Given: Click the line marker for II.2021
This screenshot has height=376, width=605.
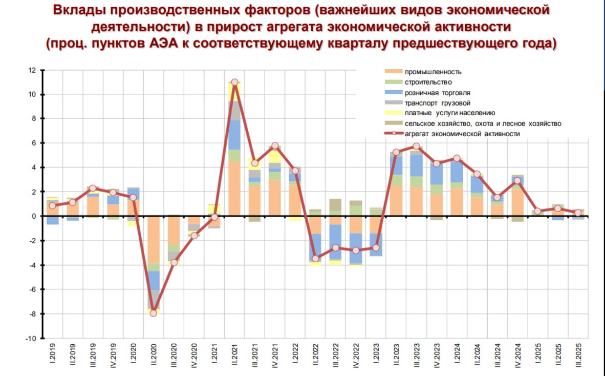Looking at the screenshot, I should [x=234, y=82].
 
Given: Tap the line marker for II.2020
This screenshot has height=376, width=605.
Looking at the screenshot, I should [x=153, y=313].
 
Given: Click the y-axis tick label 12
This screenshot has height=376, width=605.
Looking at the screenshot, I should [x=32, y=70].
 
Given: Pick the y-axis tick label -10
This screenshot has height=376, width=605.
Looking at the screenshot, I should [x=30, y=338].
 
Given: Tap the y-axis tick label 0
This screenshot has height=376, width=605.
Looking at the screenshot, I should [x=34, y=216].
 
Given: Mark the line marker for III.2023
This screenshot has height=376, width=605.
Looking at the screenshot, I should [x=416, y=146].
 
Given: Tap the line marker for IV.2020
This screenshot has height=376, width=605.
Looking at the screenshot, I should [x=194, y=236].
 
